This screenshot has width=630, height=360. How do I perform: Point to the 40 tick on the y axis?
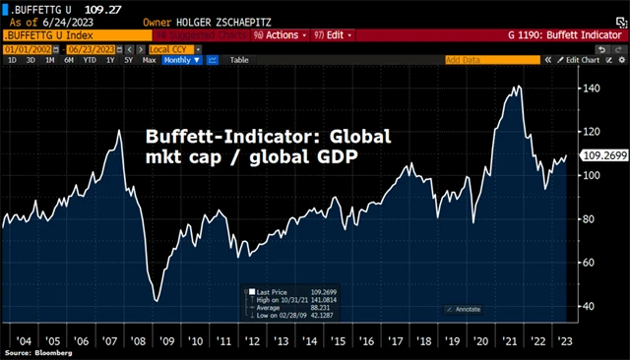click(589, 306)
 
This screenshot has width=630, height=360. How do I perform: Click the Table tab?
click(239, 60)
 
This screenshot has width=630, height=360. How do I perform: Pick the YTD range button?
click(90, 60)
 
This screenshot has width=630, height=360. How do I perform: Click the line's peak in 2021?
click(516, 88)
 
